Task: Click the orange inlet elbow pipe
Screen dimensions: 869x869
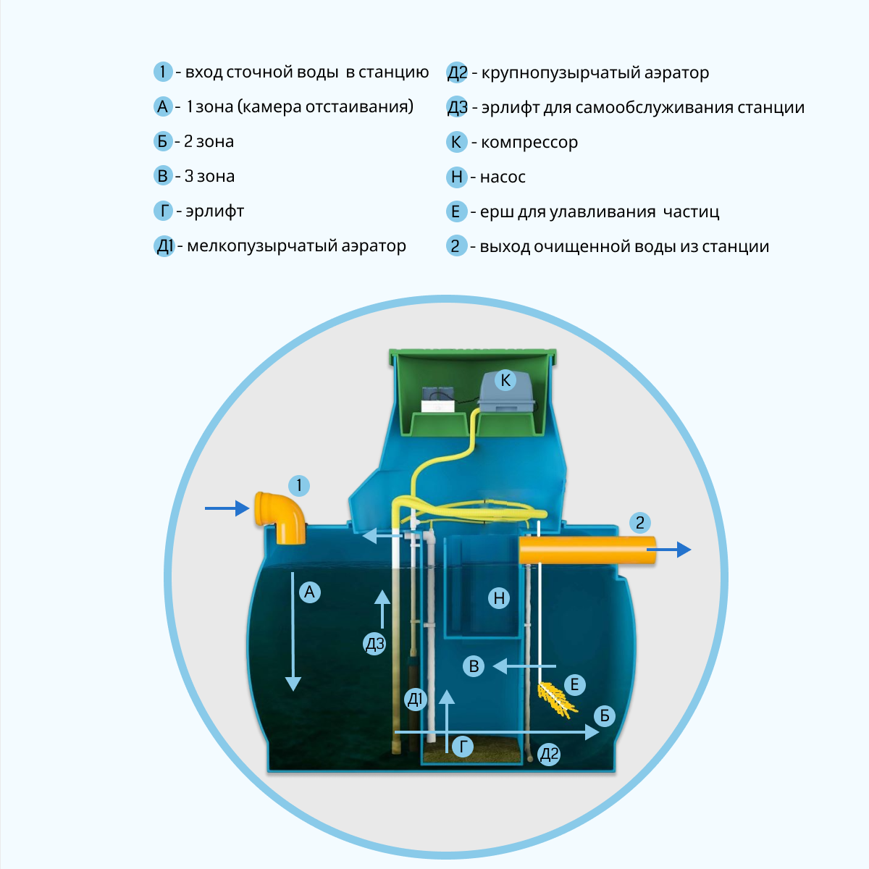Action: point(280,516)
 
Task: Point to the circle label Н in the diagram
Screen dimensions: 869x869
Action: point(499,598)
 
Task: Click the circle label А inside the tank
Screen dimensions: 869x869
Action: point(309,592)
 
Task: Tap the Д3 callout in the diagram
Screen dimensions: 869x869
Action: point(374,644)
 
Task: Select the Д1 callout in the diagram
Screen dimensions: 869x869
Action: point(416,699)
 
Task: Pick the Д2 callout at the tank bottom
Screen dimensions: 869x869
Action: point(550,755)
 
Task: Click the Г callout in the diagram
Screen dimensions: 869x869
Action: point(462,747)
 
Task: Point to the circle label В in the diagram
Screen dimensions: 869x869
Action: point(474,666)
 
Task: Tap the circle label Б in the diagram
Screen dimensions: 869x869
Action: point(604,716)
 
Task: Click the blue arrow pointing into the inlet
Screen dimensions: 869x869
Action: point(227,508)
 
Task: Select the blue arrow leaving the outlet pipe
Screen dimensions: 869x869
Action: point(669,550)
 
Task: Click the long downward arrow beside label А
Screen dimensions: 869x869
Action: point(293,630)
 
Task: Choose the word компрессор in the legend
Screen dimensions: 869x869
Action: point(529,143)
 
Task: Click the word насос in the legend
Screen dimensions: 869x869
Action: point(503,177)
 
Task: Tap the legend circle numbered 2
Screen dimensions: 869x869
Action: point(456,246)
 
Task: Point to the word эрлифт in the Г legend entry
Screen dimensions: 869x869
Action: point(214,211)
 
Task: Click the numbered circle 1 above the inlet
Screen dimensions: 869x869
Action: point(298,485)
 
